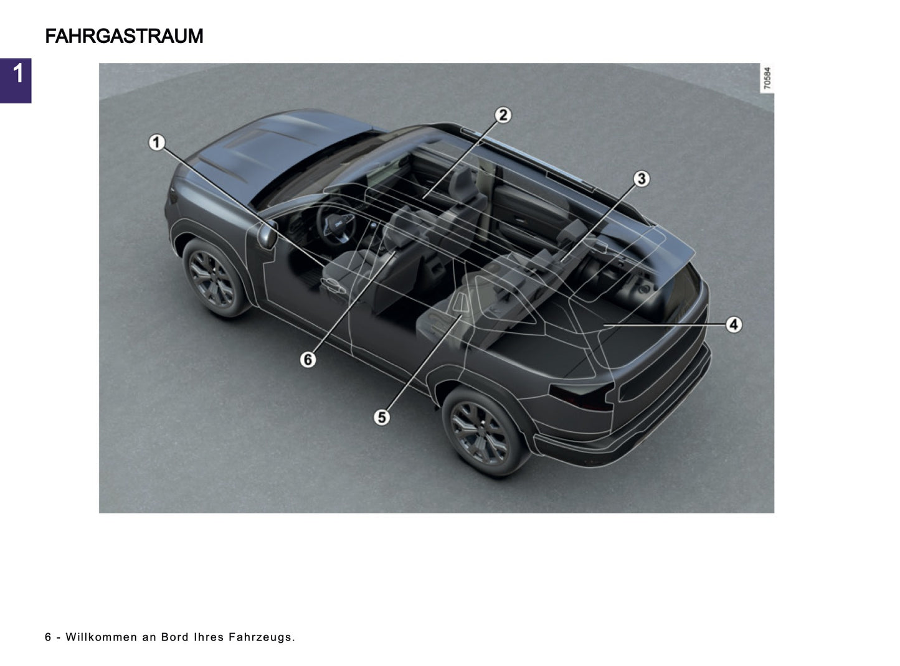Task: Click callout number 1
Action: click(157, 143)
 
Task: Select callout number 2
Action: click(503, 115)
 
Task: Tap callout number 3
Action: click(641, 179)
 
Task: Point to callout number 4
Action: click(734, 324)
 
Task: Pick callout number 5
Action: click(381, 417)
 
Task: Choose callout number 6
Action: click(308, 359)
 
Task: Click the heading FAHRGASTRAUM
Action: click(124, 36)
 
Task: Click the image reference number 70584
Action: click(767, 78)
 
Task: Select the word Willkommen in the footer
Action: click(101, 637)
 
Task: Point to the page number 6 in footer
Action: click(48, 637)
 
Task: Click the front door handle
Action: click(333, 285)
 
